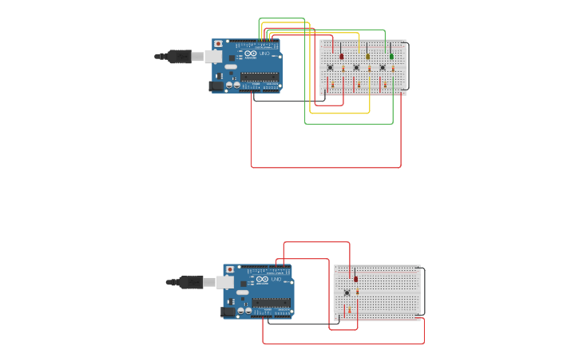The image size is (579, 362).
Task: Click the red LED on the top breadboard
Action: point(342,56)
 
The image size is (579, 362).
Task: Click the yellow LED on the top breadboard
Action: point(367,56)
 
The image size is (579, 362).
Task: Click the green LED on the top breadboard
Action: point(391,56)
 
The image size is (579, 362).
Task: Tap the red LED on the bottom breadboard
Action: point(355,279)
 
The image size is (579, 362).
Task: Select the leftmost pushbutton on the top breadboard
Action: point(330,67)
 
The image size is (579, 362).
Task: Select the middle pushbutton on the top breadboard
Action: point(356,67)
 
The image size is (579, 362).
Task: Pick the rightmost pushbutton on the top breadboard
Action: point(382,67)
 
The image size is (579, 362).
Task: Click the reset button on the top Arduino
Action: point(218,44)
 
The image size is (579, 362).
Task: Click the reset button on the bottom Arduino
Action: point(229,269)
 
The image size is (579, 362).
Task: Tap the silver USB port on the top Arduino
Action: point(214,56)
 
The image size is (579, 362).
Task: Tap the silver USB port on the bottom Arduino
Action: point(225,282)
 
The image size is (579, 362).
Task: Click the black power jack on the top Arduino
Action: point(216,86)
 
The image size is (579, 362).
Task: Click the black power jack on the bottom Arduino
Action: point(227,311)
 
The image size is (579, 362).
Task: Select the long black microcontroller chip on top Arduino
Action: point(260,77)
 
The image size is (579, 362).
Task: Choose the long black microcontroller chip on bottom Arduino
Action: point(271,303)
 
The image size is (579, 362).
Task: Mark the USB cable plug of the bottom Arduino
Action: point(190,282)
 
